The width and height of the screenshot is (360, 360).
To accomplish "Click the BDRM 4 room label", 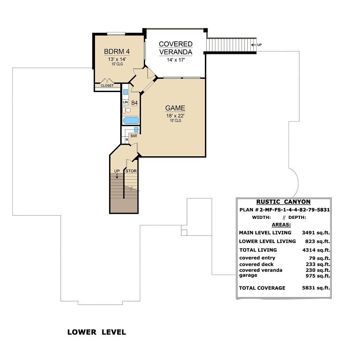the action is pos(117,51).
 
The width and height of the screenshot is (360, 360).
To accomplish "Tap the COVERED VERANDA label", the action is pos(176,48).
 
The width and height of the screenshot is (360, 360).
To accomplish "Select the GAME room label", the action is pos(175,108).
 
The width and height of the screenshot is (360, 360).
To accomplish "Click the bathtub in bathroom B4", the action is pos(131,121).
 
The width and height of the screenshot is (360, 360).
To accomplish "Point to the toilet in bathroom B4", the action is pos(126,110).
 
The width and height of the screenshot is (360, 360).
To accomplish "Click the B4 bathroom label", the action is pos(134,103).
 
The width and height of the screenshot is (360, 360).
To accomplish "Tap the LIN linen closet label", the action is pos(125,102).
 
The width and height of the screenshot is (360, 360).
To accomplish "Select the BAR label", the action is pos(134,136).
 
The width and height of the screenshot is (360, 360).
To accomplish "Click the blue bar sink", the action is pos(136,130).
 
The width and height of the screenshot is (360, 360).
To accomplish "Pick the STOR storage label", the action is pos(131,171).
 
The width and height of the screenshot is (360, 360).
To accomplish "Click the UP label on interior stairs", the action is pos(117,171).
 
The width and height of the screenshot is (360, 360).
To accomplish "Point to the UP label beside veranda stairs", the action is pos(260,45).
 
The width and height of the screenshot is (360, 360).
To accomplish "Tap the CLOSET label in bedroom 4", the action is pos(107,86).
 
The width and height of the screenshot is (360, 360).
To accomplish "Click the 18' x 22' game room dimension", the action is pos(175,116).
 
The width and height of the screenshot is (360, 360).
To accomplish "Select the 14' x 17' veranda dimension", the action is pos(176,60).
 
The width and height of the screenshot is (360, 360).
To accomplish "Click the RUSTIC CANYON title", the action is pos(283,202).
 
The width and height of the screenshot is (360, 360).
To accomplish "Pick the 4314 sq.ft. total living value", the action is pos(316,250).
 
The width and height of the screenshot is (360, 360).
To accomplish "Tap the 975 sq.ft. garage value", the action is pos(318,276).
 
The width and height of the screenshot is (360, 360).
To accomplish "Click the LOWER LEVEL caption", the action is pos(96,332).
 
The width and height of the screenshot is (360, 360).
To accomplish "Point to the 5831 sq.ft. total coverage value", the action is pos(316,288).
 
